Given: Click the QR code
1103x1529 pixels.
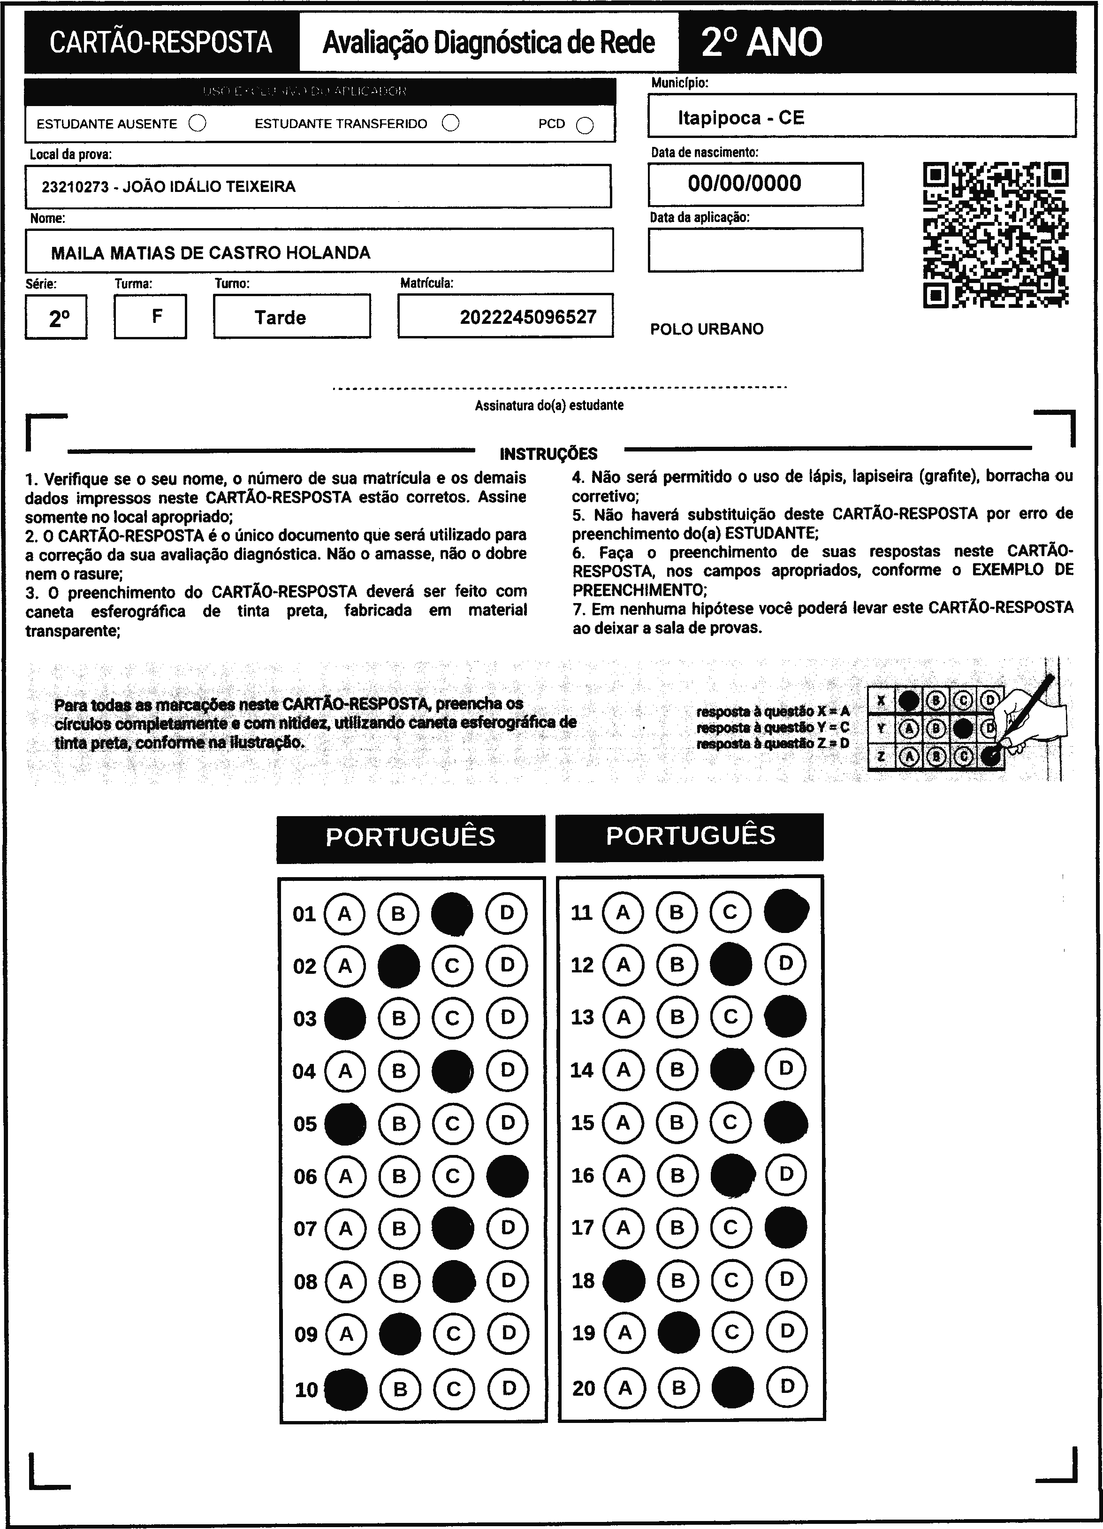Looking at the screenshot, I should [995, 235].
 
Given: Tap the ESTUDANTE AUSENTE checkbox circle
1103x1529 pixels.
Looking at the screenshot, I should [198, 123].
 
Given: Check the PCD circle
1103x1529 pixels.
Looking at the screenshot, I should [585, 125].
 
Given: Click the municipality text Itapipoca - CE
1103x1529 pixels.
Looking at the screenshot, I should [740, 118].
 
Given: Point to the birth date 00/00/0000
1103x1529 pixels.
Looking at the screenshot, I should [745, 183].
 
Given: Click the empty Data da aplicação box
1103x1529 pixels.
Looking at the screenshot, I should [755, 250].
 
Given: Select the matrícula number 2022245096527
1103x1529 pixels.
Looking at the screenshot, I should [528, 317].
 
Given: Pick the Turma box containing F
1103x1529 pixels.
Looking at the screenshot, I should [150, 316].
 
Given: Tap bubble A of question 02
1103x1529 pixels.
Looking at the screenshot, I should [345, 966].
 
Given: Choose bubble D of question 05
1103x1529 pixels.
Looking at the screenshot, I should [507, 1123].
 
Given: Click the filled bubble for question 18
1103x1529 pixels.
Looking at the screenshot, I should [623, 1280].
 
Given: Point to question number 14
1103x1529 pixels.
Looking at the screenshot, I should [582, 1070].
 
